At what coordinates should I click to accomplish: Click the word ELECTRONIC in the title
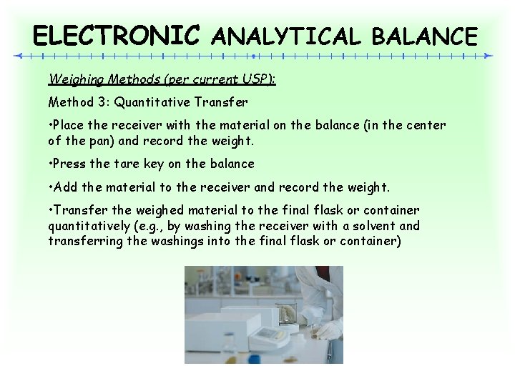pos(117,34)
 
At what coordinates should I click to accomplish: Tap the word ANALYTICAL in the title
pos(287,36)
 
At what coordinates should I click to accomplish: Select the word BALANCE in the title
pos(423,36)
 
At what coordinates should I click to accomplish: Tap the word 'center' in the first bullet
pos(426,125)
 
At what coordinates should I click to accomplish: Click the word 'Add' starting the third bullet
pos(65,187)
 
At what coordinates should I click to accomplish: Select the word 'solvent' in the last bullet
pos(371,226)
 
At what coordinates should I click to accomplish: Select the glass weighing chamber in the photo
pos(284,312)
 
